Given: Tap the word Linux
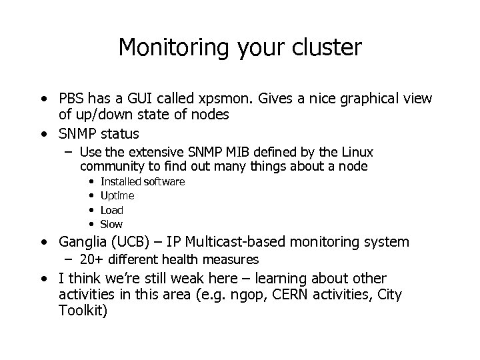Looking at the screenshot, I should [x=358, y=152].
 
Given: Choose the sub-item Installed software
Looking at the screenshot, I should [x=142, y=181].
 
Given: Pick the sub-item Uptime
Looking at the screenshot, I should [x=117, y=196].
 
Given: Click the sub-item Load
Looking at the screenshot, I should [x=111, y=210].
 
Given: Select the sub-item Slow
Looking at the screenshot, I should [x=111, y=225].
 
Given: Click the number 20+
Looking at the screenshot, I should [x=91, y=259].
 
